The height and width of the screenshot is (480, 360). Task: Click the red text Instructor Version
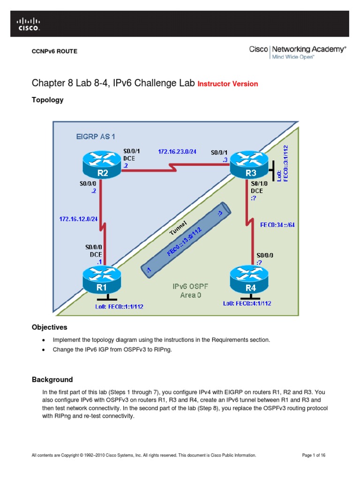click(227, 84)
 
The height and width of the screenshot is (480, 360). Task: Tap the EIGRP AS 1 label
click(96, 136)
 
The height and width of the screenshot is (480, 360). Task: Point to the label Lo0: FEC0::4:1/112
click(247, 303)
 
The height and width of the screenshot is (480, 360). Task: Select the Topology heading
click(47, 100)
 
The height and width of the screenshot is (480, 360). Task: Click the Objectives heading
click(49, 327)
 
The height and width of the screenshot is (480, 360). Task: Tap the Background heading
click(52, 379)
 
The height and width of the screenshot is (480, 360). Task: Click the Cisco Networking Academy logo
click(297, 52)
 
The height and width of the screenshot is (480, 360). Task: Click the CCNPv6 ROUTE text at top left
click(54, 51)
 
